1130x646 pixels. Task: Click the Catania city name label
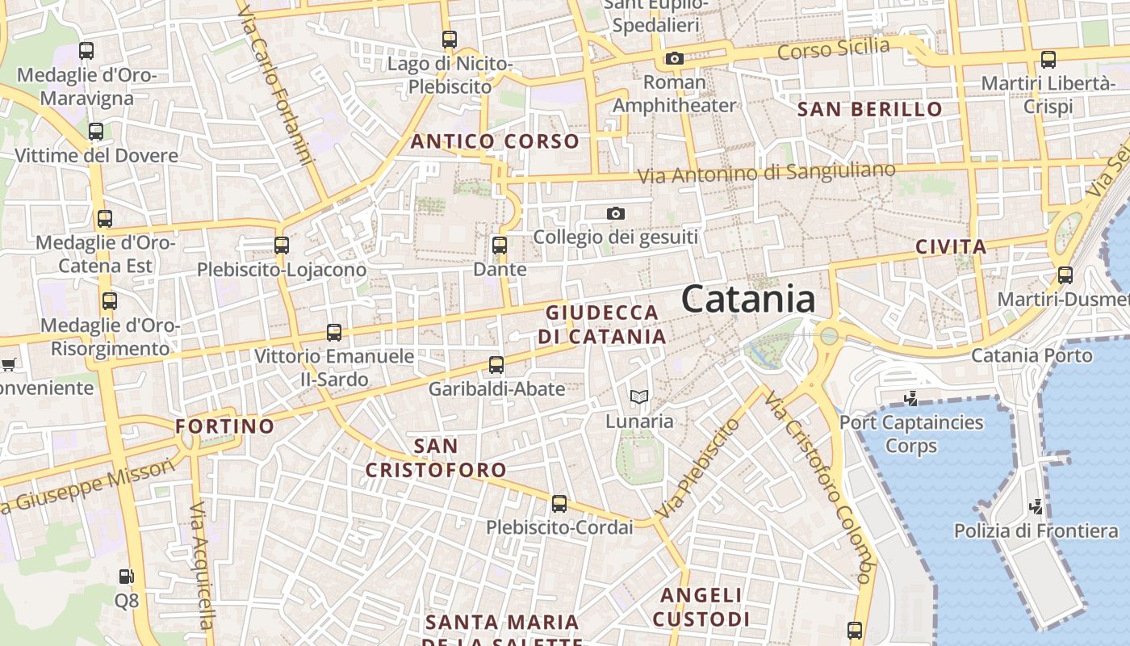[748, 300]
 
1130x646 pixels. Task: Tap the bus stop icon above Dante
[499, 245]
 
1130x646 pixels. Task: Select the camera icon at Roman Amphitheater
[674, 58]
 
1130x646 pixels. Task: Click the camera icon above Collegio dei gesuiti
[616, 213]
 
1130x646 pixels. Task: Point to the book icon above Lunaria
[639, 396]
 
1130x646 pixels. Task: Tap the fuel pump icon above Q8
[126, 577]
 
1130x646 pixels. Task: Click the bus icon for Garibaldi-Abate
[496, 364]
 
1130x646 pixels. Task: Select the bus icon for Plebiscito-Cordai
[559, 504]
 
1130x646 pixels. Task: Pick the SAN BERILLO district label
[869, 109]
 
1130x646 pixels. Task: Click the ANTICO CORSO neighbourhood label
[495, 141]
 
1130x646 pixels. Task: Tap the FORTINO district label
[225, 426]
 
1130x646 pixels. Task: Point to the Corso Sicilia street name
[833, 49]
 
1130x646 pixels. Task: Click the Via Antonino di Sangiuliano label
[766, 172]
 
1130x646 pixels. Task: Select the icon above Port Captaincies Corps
[911, 398]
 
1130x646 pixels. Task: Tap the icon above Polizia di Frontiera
[1036, 507]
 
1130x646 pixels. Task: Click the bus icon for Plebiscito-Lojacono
[281, 245]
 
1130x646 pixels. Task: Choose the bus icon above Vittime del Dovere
[96, 131]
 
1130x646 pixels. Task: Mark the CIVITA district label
[951, 246]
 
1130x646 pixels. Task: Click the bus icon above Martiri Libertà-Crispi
[1048, 59]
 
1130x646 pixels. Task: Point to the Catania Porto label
[1031, 355]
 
